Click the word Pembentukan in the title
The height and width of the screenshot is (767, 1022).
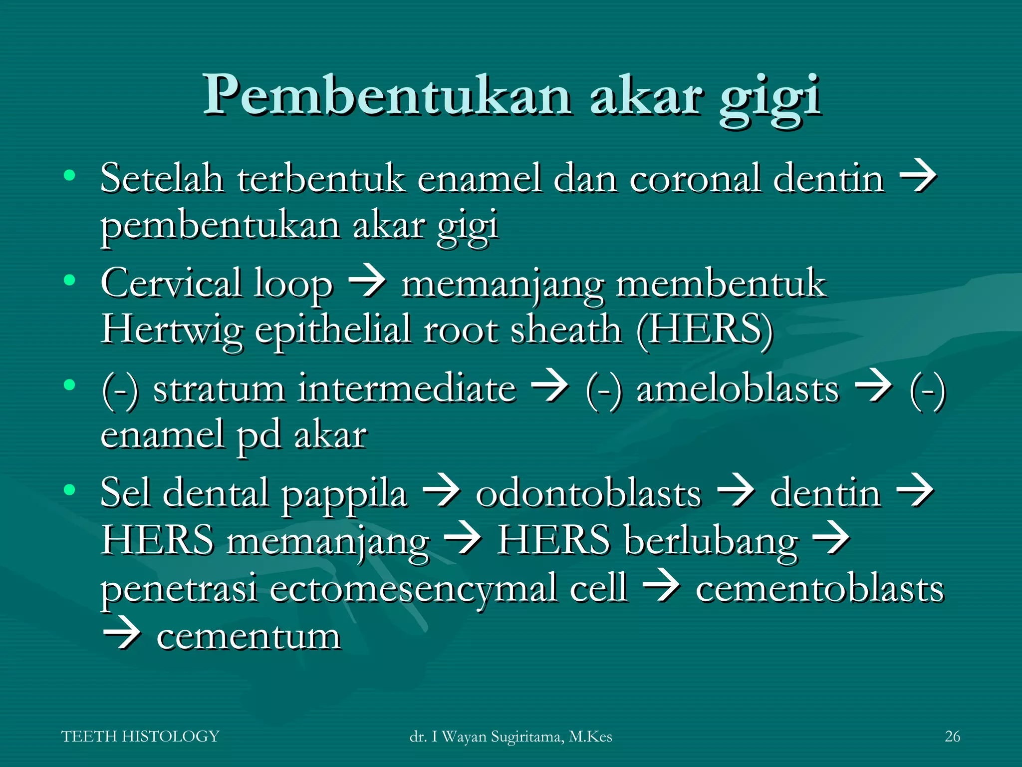[x=387, y=95]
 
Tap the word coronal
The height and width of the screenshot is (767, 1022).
[x=695, y=178]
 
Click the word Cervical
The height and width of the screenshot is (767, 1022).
[x=171, y=283]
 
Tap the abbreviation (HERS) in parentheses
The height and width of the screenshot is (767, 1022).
[x=705, y=330]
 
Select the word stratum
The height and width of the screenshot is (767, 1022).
[x=219, y=388]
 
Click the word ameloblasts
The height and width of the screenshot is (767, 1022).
[x=738, y=388]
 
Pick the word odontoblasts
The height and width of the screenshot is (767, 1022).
[x=588, y=493]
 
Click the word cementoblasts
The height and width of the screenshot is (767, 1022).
[x=819, y=588]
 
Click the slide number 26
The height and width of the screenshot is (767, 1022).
[x=952, y=736]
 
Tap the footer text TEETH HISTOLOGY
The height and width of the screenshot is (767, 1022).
[x=140, y=736]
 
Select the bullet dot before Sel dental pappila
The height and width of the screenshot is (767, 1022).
[x=69, y=489]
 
